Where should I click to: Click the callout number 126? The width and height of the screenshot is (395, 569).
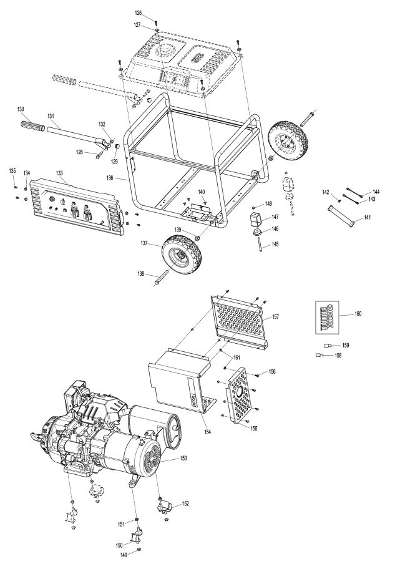138,13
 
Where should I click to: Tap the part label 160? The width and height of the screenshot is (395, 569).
358,313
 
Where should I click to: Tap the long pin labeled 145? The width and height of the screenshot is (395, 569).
256,244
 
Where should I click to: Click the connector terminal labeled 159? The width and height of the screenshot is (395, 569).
327,345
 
